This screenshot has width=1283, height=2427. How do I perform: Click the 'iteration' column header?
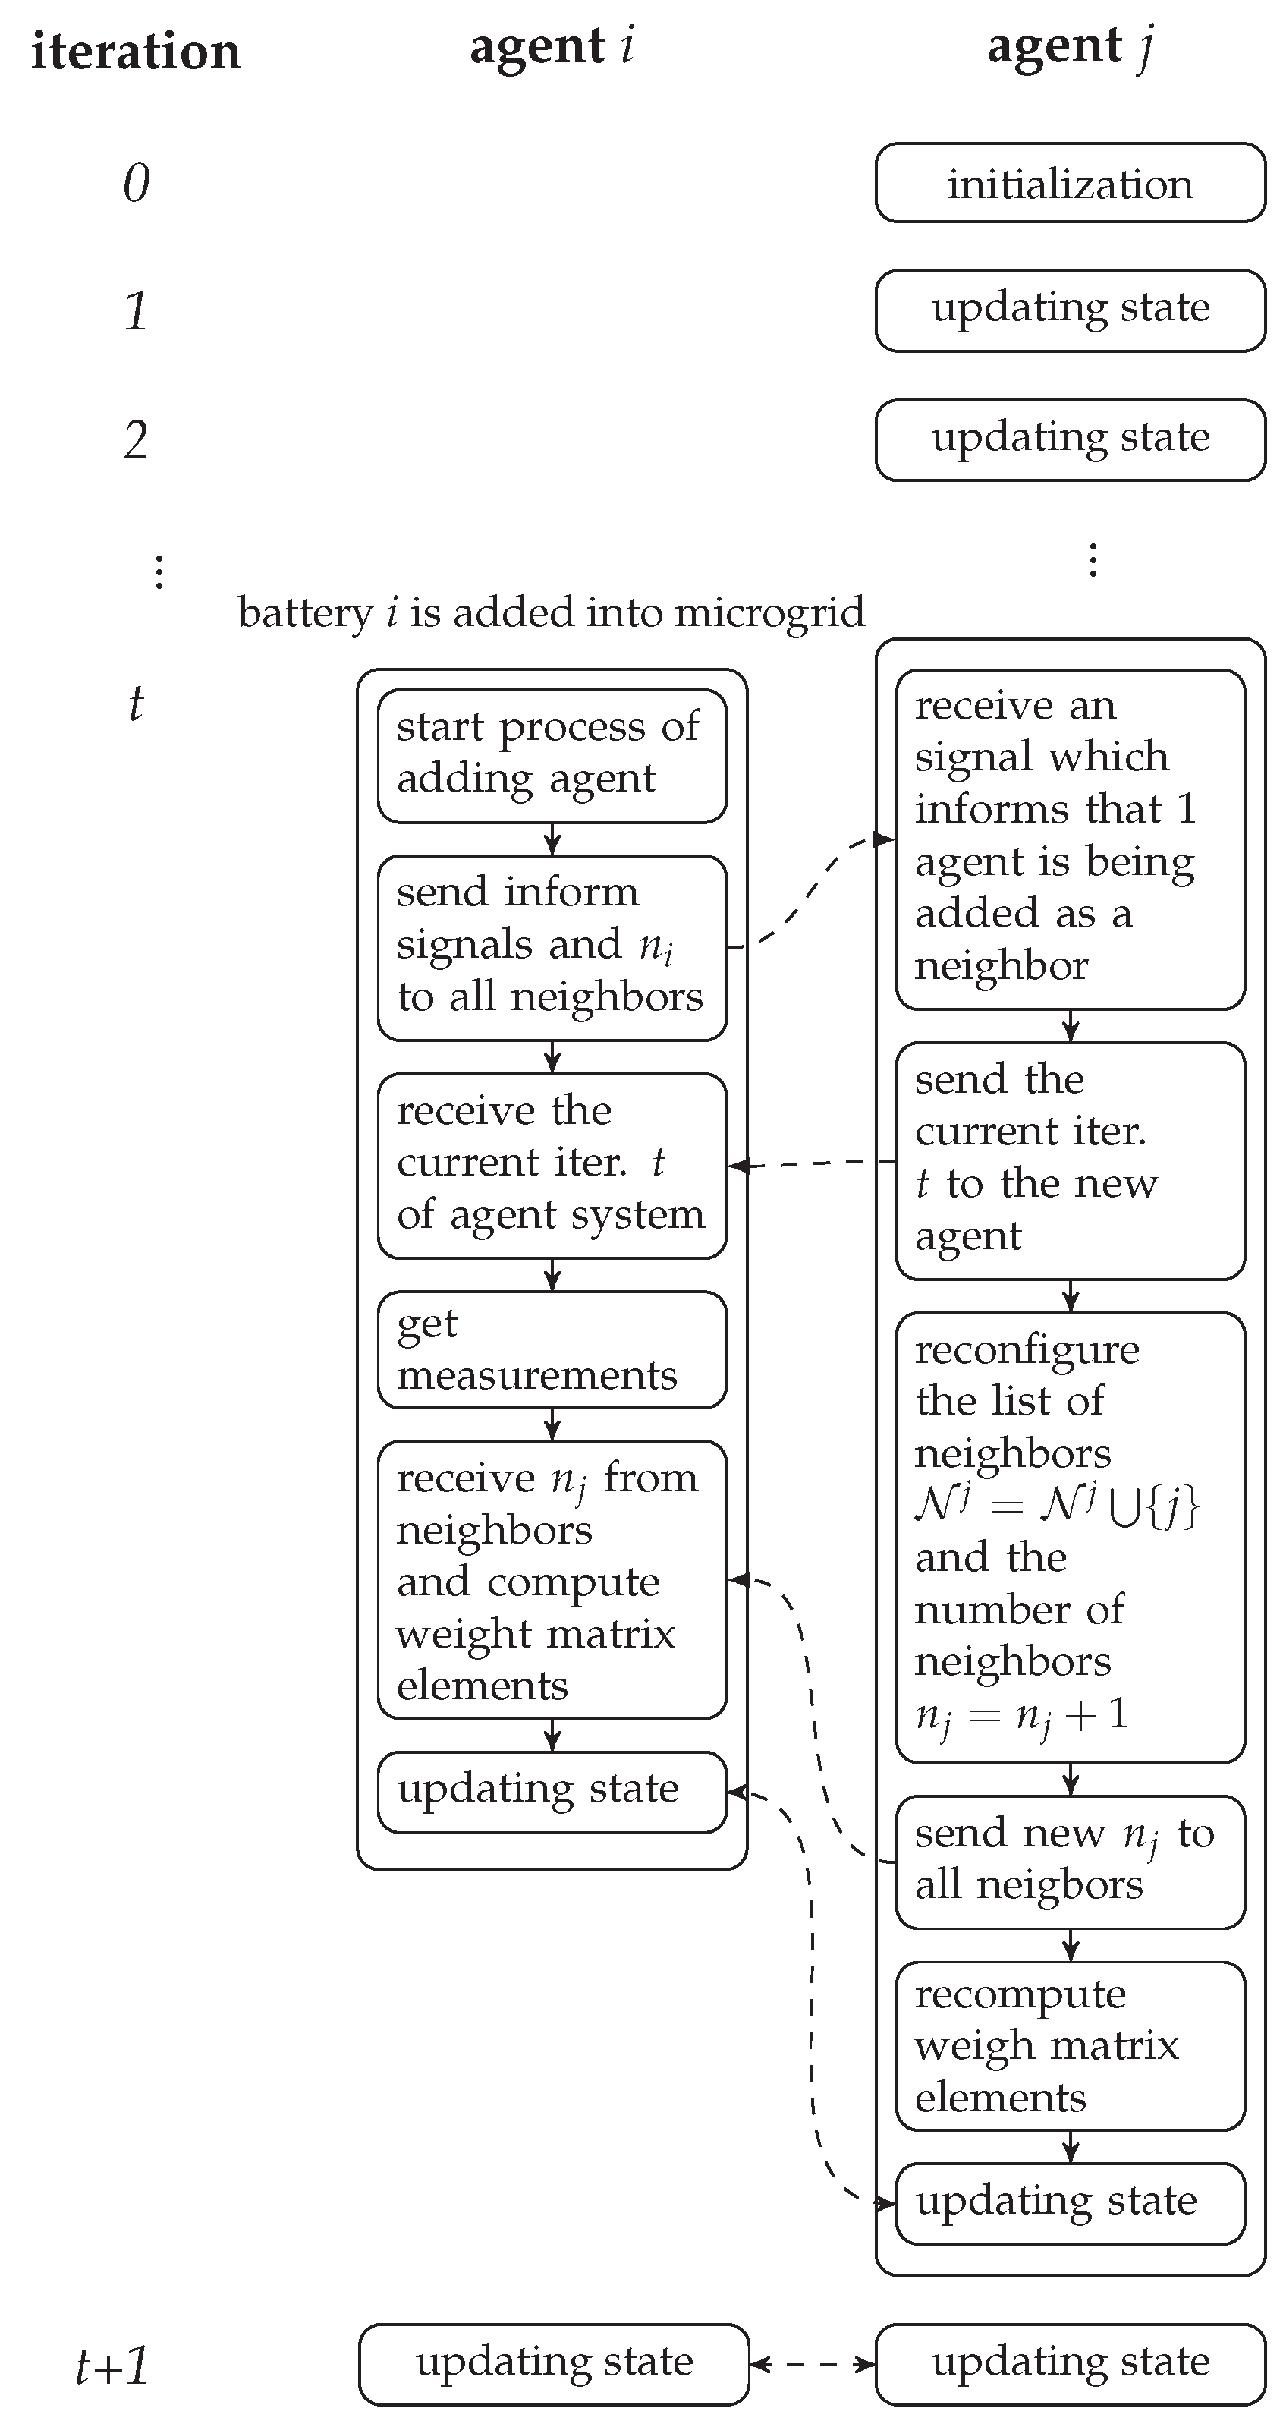136,51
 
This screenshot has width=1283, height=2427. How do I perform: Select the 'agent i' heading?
552,47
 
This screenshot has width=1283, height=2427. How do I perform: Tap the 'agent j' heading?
1069,47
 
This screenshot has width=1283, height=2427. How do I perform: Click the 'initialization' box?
1070,183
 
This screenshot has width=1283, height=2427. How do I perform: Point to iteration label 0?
136,183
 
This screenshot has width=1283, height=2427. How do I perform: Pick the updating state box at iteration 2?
1070,439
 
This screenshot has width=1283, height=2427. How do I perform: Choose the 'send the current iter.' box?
1070,1160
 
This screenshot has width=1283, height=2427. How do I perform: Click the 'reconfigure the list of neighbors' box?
1070,1536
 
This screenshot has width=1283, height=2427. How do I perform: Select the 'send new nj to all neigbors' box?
1070,1861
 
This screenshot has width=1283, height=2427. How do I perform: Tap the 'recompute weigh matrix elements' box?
1070,2045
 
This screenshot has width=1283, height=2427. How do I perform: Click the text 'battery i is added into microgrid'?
551,612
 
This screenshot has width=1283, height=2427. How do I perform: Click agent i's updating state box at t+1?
553,2364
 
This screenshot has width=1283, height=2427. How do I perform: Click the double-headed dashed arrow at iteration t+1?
812,2364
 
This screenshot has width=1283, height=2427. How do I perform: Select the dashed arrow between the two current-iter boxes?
812,1164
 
